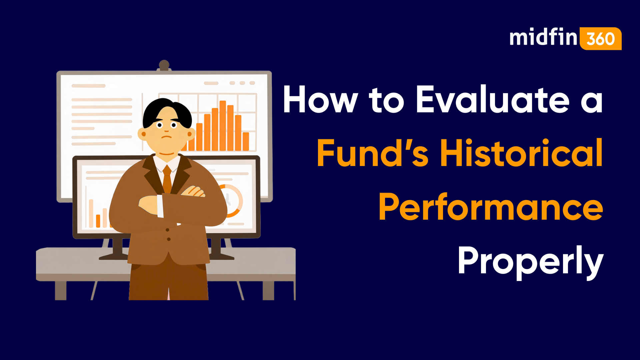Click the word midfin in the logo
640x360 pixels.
543,37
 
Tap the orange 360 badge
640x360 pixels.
601,39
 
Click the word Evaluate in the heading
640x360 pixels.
493,100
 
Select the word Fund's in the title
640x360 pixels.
372,153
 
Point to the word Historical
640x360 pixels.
522,153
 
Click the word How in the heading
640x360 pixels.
320,100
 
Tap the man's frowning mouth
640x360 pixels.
167,137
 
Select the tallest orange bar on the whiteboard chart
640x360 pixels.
223,125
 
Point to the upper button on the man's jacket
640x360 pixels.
167,230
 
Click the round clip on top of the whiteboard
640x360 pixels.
164,65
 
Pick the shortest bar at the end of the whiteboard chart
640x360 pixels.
246,141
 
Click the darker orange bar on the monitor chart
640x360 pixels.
98,221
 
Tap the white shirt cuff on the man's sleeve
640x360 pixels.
160,206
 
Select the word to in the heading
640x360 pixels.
386,100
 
